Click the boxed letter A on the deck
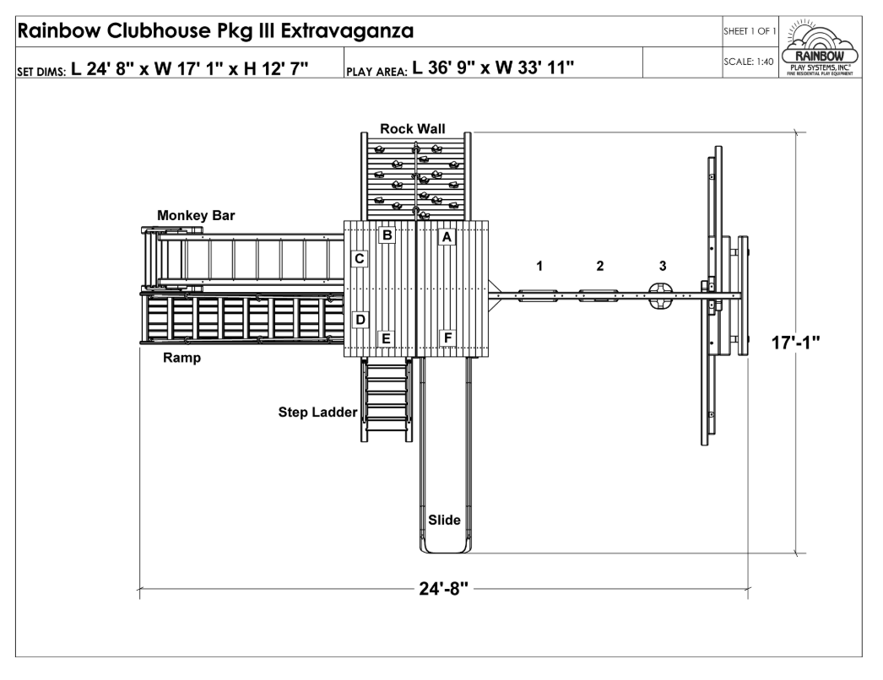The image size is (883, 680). coord(448,237)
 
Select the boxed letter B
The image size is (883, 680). coord(387,235)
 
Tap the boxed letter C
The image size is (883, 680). coord(360,259)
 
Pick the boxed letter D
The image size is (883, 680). coord(360,320)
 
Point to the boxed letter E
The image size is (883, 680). coord(387,338)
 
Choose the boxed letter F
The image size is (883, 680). coord(448,338)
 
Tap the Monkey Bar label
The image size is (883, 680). coord(196,217)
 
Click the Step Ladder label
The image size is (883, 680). coord(318,413)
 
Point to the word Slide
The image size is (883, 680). coord(444,520)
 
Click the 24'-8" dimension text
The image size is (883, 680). coord(445,589)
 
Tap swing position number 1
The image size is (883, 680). coord(540,266)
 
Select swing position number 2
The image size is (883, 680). coord(600,266)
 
